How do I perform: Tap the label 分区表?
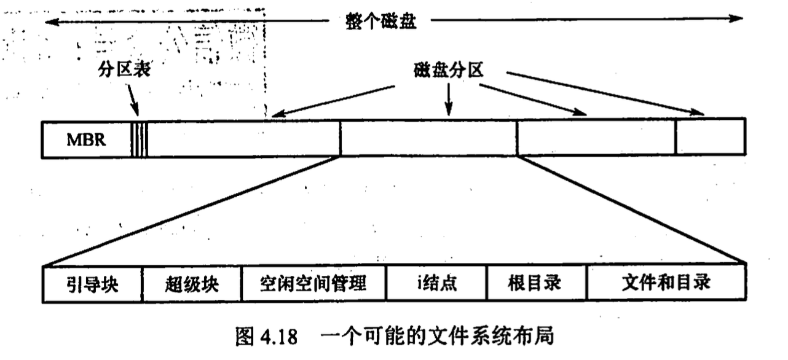tap(125, 70)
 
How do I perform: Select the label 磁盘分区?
tap(449, 70)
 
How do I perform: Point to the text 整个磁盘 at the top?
tap(382, 21)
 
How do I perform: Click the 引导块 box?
tap(93, 283)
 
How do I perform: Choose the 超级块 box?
tap(192, 283)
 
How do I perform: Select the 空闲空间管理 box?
tap(313, 283)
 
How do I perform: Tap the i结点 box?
tap(436, 283)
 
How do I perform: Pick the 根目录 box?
tap(536, 283)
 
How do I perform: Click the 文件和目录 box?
tap(666, 283)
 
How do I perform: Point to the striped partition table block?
tap(139, 138)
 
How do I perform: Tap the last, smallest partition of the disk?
tap(710, 137)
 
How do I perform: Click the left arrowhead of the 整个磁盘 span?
tap(50, 21)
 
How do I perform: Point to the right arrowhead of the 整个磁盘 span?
tap(737, 18)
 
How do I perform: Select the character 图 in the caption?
tap(244, 337)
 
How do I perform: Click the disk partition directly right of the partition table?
tap(243, 138)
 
